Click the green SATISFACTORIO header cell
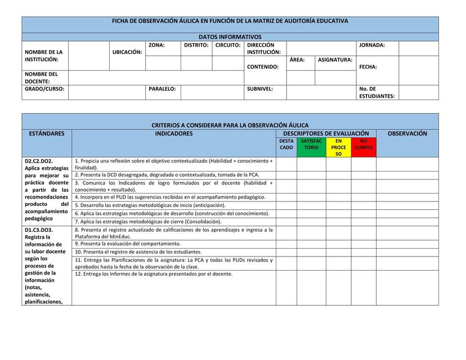coord(311,145)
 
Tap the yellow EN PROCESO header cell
coord(338,147)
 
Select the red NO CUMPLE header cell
coord(364,145)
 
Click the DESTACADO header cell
coord(286,145)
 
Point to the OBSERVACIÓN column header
coord(407,134)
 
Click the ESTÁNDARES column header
coord(47,134)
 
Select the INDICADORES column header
coord(174,134)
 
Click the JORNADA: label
coord(372,46)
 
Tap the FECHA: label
coord(368,67)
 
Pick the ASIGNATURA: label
coord(335,60)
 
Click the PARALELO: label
coord(162,89)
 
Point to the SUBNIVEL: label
coord(260,89)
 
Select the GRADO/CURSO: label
coord(44,89)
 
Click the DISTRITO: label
coord(196,46)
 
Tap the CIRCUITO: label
coord(228,46)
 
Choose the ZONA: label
coord(156,46)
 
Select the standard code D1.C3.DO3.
coord(39,230)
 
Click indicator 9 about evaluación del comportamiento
coord(128,244)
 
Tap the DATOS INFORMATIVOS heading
coord(230,37)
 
